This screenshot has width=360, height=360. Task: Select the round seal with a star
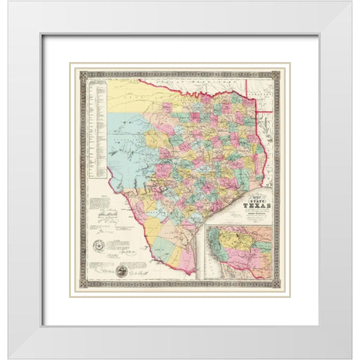[x=97, y=246]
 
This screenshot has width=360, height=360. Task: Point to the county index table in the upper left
[x=93, y=120]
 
